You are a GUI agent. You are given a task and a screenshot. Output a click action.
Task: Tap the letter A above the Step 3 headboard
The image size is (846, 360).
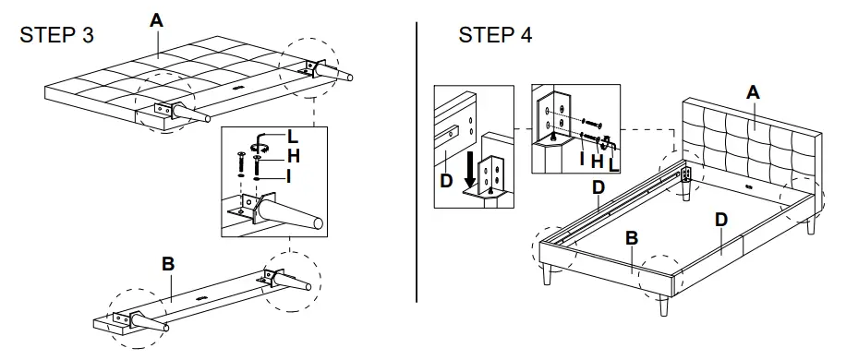click(156, 19)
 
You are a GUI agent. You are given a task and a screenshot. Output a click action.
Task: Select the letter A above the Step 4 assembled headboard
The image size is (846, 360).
click(753, 91)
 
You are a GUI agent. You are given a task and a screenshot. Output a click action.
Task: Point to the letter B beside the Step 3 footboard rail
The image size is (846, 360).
click(168, 264)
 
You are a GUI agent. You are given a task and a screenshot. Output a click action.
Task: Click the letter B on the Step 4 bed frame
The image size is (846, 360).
click(632, 238)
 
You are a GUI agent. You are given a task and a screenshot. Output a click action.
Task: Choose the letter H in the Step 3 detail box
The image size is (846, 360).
click(293, 155)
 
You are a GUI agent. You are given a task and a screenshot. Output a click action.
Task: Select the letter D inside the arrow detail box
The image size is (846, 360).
click(447, 181)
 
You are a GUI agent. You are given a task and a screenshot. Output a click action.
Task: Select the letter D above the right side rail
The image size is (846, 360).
click(722, 220)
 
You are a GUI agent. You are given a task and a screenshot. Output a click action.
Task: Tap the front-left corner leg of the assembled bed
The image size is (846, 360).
click(550, 276)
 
